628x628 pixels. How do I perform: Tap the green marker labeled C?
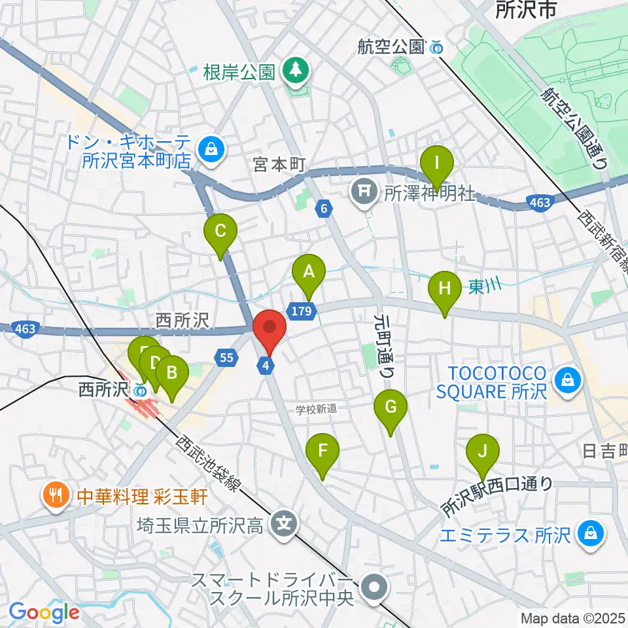(x=220, y=232)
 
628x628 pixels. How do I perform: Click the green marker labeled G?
(x=390, y=408)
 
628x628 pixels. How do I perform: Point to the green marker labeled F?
(x=323, y=452)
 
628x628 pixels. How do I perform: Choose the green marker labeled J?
(x=483, y=452)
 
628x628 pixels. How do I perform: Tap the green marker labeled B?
(x=171, y=374)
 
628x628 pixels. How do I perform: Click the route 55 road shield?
(x=225, y=357)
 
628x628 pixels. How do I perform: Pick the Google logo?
(x=44, y=612)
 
